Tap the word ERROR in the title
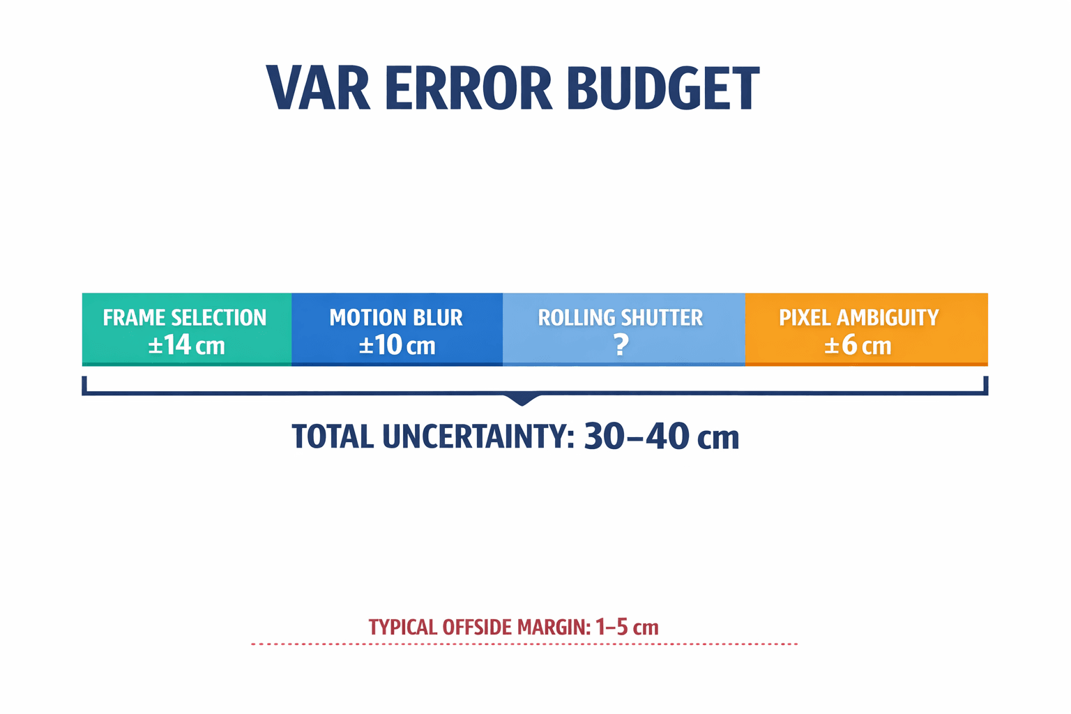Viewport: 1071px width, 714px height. pyautogui.click(x=468, y=89)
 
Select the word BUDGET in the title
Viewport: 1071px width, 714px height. pyautogui.click(x=662, y=89)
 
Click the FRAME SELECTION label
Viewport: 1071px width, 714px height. pyautogui.click(x=185, y=318)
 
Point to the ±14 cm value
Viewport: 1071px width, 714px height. pyautogui.click(x=186, y=345)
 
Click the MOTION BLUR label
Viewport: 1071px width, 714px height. pyautogui.click(x=396, y=318)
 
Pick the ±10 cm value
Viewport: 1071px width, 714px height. pyautogui.click(x=397, y=345)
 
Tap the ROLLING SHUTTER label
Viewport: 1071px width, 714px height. pyautogui.click(x=621, y=318)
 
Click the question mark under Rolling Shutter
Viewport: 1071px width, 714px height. pyautogui.click(x=621, y=345)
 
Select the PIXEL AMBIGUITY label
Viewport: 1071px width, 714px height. pyautogui.click(x=859, y=318)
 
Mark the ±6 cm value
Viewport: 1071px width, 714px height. pyautogui.click(x=858, y=346)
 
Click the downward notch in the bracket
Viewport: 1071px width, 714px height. pyautogui.click(x=522, y=400)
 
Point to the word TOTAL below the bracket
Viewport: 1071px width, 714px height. pyautogui.click(x=333, y=437)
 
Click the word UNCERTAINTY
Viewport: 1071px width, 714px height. pyautogui.click(x=478, y=437)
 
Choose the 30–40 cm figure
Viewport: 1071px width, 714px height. pyautogui.click(x=661, y=437)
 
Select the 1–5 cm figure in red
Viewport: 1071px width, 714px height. pyautogui.click(x=627, y=627)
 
